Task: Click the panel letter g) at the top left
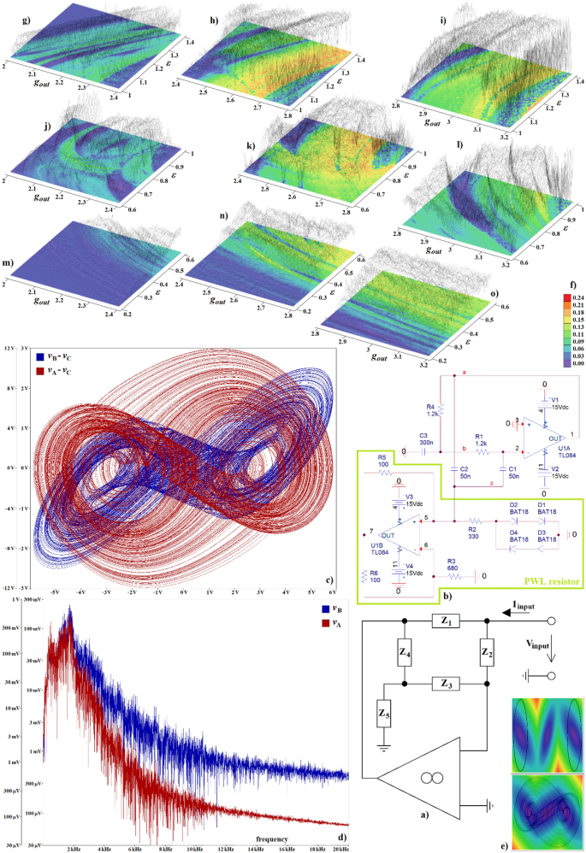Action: (x=9, y=18)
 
